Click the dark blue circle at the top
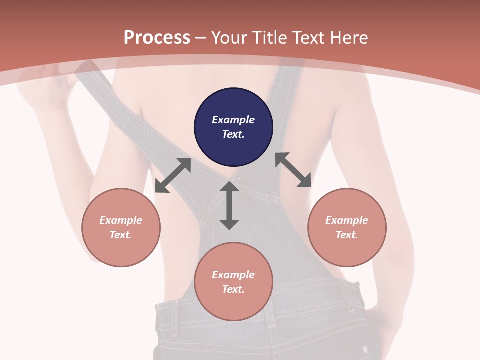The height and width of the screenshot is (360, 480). [x=233, y=127]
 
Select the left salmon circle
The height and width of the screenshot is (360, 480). [x=121, y=227]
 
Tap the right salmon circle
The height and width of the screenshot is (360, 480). [x=347, y=227]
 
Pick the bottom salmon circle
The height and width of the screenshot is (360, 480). [x=233, y=282]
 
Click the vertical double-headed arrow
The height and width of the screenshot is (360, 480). [x=229, y=205]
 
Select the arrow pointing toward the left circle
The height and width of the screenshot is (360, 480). [x=173, y=175]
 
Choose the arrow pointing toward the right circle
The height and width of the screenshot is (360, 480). [x=293, y=170]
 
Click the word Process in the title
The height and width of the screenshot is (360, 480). [x=157, y=38]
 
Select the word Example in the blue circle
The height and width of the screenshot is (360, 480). [x=233, y=120]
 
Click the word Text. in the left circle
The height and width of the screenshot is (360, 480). [x=121, y=235]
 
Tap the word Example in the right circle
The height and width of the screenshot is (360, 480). [x=347, y=220]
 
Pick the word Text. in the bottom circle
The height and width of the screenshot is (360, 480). [x=233, y=289]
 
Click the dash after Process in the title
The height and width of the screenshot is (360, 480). [x=201, y=38]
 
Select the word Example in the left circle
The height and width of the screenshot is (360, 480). [x=121, y=220]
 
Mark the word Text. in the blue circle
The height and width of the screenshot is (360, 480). [x=233, y=134]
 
